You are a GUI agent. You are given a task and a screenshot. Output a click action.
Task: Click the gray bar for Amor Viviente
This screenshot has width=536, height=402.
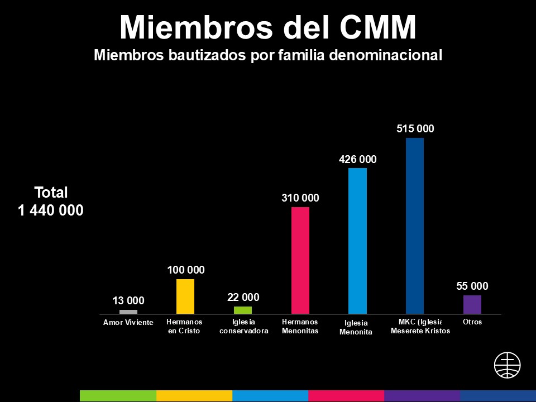128,312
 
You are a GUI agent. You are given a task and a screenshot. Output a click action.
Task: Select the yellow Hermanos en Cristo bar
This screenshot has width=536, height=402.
185,296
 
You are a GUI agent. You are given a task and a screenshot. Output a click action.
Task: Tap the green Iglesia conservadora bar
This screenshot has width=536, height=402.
243,310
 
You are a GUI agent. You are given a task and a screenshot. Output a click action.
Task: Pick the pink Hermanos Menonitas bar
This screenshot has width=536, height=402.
300,260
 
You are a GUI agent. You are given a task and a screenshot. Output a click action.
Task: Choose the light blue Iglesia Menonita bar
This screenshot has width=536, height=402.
357,241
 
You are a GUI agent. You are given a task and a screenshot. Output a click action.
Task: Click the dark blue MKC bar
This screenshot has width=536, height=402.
415,226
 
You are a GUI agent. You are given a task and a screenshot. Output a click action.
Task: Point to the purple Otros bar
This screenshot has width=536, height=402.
472,304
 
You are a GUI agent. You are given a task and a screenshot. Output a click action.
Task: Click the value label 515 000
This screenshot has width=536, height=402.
415,128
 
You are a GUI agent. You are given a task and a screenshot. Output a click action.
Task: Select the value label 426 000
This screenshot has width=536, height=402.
358,159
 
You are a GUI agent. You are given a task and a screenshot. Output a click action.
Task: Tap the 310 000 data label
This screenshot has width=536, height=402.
300,198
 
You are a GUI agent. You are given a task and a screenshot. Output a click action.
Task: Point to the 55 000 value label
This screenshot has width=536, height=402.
472,286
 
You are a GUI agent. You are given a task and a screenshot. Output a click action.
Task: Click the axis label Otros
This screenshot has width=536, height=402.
472,322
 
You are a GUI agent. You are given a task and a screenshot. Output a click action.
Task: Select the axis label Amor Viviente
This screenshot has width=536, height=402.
128,323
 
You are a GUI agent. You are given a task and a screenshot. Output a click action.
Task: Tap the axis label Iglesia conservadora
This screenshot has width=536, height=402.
244,326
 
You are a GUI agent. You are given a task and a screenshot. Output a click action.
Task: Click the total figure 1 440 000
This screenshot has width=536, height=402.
51,211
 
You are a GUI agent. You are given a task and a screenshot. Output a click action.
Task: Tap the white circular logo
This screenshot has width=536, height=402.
507,365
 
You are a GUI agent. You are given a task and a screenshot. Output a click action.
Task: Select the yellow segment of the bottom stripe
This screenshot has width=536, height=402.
194,396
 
